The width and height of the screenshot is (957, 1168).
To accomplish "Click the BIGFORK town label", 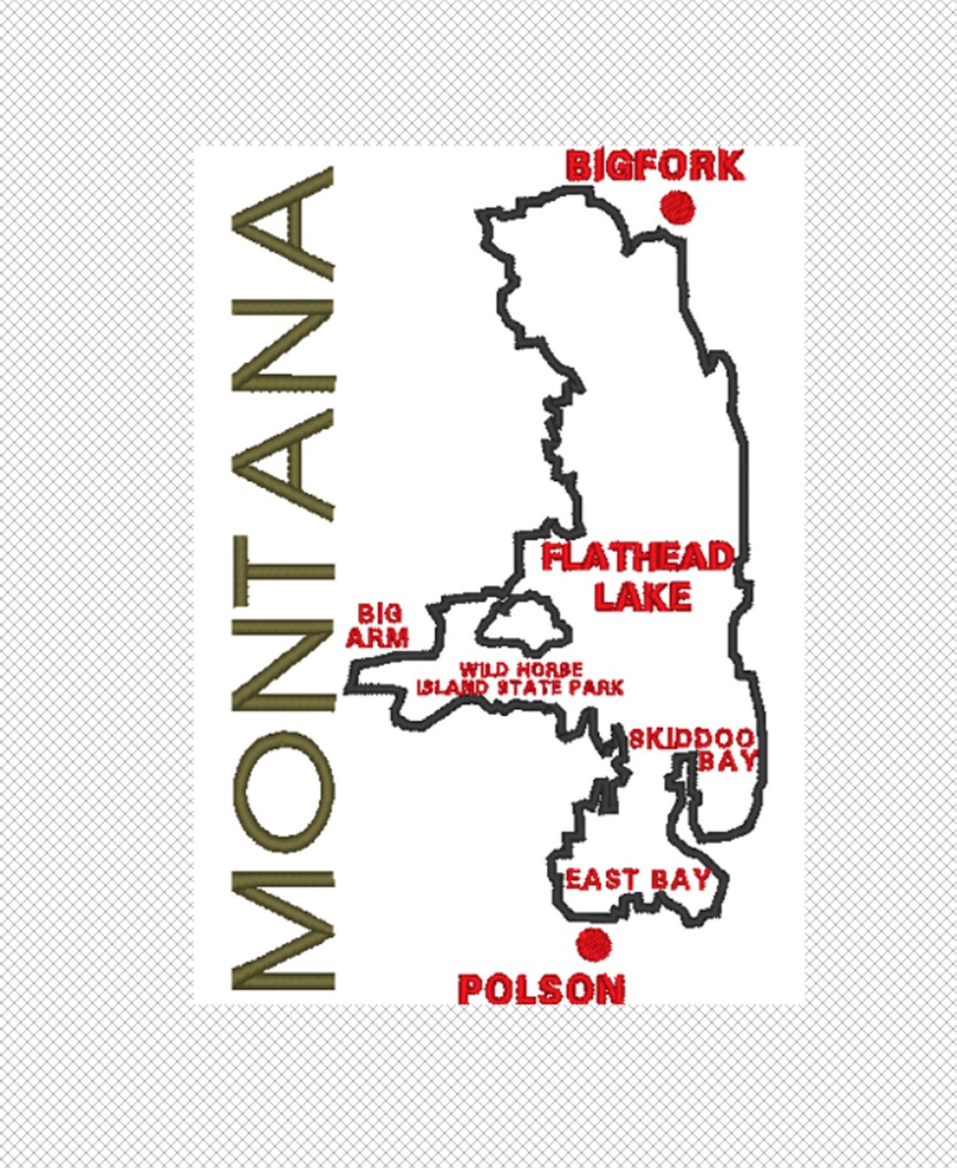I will coord(654,166).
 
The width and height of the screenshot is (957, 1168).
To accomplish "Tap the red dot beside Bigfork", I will coord(678,207).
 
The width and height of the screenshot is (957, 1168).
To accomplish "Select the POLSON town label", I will coord(541,989).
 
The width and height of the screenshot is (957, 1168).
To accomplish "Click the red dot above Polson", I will coord(593,945).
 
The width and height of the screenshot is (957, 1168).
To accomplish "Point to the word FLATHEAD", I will coord(638,557).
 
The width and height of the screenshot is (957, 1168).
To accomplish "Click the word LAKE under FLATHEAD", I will coord(642,596).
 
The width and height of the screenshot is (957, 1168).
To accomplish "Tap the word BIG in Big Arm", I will coord(379,613).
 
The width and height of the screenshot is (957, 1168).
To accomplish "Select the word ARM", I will coord(377,637).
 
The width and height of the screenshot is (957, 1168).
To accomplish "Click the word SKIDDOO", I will coord(691,737).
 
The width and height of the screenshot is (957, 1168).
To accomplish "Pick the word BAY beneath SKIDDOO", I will coord(727,760).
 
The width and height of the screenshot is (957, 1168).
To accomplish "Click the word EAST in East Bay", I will coord(602,879).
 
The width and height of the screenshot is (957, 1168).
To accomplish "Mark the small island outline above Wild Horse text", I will coord(523,624).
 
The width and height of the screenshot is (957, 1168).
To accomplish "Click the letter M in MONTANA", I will coord(283,930).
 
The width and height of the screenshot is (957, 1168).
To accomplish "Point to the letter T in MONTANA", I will coord(283,575).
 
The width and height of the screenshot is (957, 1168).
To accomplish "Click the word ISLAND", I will coord(452,687).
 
